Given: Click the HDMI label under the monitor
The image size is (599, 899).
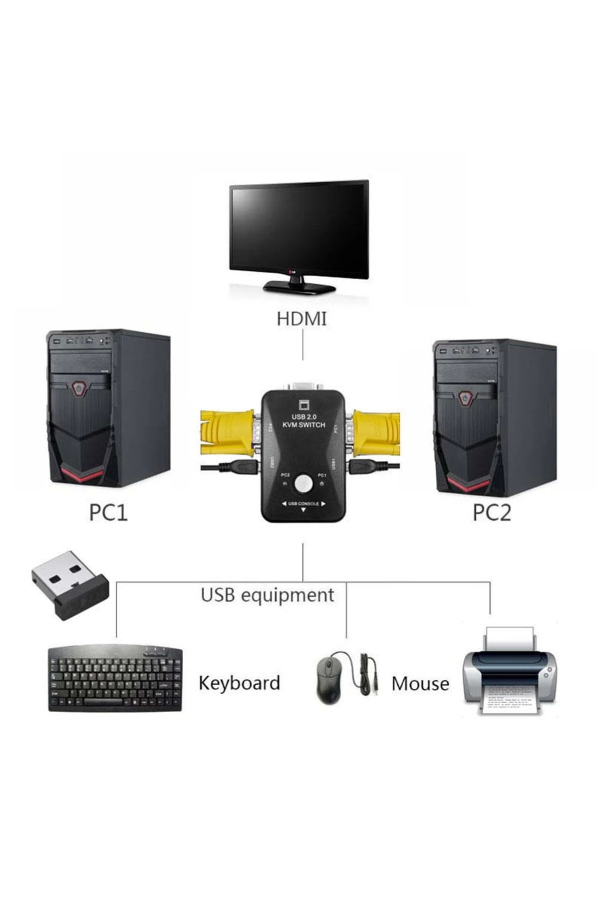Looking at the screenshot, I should [x=301, y=319].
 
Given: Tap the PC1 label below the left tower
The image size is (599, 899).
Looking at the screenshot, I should [x=108, y=513].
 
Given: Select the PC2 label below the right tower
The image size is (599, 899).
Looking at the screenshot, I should [x=492, y=513].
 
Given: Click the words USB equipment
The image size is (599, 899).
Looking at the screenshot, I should [x=267, y=595].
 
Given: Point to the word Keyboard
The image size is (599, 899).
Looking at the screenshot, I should [x=239, y=683].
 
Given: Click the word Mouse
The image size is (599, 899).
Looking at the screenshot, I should [x=420, y=683].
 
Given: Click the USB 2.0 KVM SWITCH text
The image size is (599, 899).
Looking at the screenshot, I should [x=303, y=421].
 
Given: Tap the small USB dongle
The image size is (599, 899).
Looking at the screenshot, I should [x=70, y=585].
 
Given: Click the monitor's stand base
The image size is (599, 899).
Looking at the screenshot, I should [x=299, y=287].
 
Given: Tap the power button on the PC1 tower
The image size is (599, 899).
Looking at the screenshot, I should [x=78, y=388].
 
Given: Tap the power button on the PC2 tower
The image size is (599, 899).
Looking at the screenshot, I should [x=465, y=398].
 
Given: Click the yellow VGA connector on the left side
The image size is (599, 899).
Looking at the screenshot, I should [x=227, y=432].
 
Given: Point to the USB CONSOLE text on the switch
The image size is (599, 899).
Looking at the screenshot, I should [x=303, y=503].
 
